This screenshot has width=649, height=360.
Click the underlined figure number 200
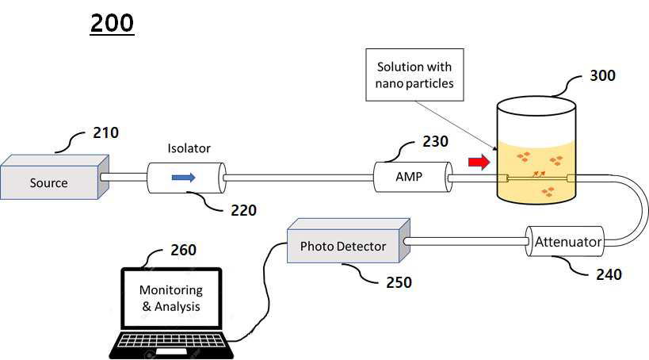coord(113,23)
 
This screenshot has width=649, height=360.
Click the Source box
coord(55,178)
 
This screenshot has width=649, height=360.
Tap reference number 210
coord(105,132)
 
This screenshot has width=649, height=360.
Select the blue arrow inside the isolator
coord(183,178)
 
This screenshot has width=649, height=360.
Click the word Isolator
coord(189,148)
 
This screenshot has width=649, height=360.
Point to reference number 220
coord(243,210)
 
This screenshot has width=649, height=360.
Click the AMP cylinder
coord(413,177)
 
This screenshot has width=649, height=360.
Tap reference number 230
coord(435,141)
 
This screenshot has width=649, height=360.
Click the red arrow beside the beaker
coord(479,162)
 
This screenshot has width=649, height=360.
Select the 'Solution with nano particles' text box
coord(414,75)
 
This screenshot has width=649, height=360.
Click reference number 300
coord(602,75)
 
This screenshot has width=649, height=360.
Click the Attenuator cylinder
coord(565,242)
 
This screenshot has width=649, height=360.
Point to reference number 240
coord(609,274)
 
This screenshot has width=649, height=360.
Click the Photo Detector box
coord(349,241)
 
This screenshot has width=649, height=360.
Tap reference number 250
coord(399,282)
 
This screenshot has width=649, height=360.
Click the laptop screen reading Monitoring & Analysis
coord(171,298)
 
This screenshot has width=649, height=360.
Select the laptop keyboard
coord(171,345)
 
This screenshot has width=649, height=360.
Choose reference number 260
coord(183,250)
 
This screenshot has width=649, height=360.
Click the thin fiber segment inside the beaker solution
coord(537,178)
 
